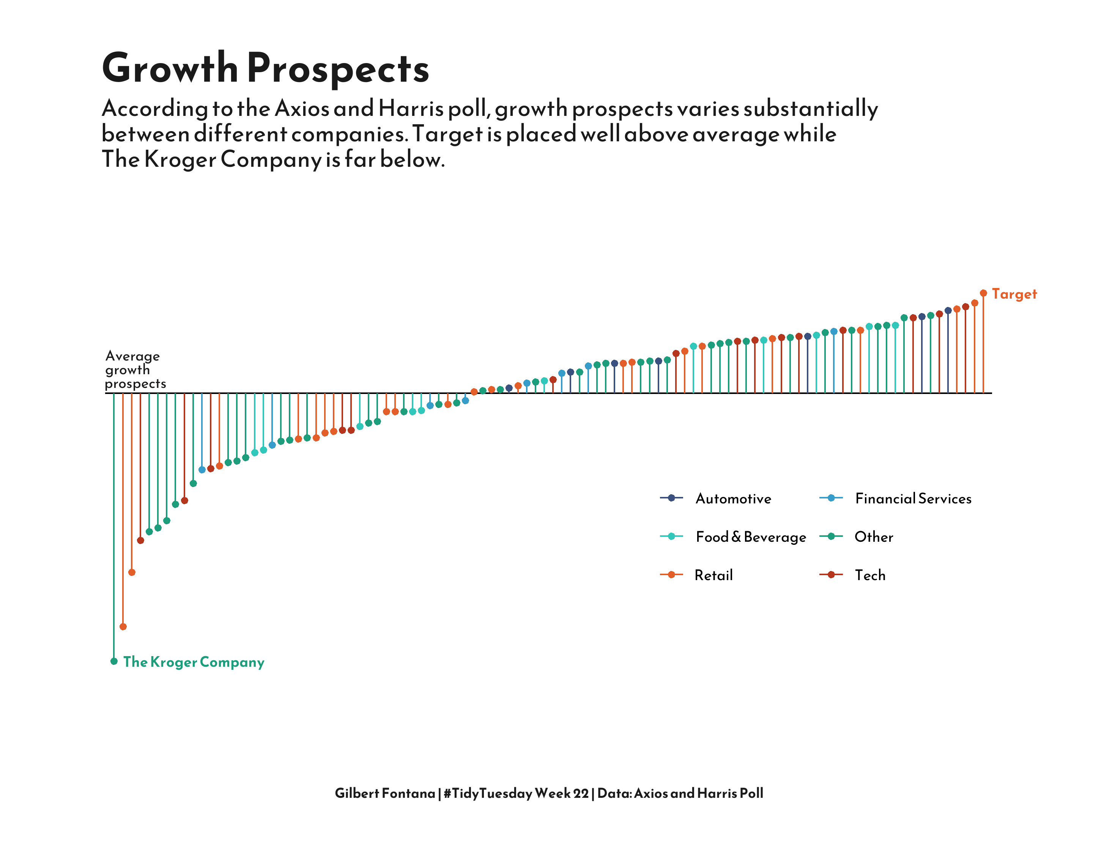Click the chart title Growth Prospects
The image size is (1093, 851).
[x=265, y=68]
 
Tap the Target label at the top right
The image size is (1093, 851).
[x=1014, y=294]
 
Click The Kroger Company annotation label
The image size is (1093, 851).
[x=194, y=662]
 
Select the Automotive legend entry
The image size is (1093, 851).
[x=733, y=498]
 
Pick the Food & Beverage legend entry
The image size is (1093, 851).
[x=750, y=537]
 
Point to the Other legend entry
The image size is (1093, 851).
[x=873, y=537]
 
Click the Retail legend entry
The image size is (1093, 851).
[x=713, y=575]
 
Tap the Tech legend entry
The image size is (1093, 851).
[x=870, y=575]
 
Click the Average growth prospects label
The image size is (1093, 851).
[x=134, y=370]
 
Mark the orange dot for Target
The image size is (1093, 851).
[x=983, y=293]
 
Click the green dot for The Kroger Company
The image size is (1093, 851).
[x=114, y=661]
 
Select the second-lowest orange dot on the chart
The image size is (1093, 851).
[x=132, y=572]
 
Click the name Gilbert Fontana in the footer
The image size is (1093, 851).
[x=385, y=793]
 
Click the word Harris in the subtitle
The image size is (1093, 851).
[x=410, y=109]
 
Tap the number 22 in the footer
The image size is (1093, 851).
[x=581, y=793]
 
